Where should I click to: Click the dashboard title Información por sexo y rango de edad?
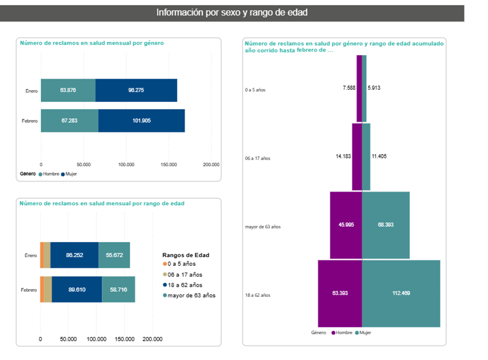point(232,12)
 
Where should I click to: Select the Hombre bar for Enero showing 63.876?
point(68,90)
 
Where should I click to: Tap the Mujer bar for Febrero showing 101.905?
point(142,121)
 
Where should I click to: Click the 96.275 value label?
point(136,90)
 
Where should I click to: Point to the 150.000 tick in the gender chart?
point(169,165)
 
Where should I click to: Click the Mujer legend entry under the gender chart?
point(69,174)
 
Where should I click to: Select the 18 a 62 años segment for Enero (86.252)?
point(74,255)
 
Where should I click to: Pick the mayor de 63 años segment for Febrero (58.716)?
point(118,290)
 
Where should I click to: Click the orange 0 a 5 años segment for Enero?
point(42,255)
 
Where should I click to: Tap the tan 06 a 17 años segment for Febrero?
point(48,290)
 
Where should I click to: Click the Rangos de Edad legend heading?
point(186,255)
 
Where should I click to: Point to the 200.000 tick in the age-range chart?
point(153,339)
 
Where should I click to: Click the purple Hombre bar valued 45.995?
point(346,225)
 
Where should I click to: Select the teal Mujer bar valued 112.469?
point(401,293)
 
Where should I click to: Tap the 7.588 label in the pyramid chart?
point(349,88)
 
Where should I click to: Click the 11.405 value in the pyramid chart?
point(378,157)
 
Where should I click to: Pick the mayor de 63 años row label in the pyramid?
point(263,227)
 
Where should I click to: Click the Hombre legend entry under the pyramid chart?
point(341,333)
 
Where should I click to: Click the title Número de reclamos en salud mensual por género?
point(91,42)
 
